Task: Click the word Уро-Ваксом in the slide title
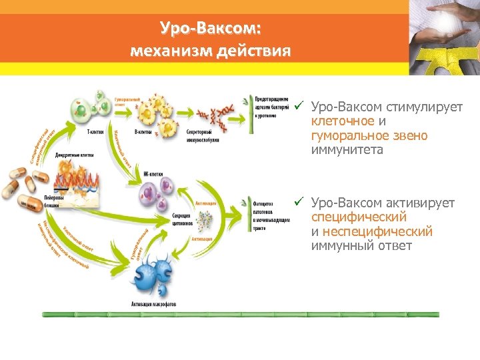pyautogui.click(x=211, y=29)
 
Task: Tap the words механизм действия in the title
pyautogui.click(x=211, y=51)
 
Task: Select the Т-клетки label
pyautogui.click(x=95, y=132)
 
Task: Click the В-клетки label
pyautogui.click(x=143, y=132)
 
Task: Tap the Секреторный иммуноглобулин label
pyautogui.click(x=203, y=136)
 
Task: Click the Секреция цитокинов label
pyautogui.click(x=181, y=219)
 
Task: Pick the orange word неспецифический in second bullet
pyautogui.click(x=377, y=232)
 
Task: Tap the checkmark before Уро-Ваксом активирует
pyautogui.click(x=300, y=202)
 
